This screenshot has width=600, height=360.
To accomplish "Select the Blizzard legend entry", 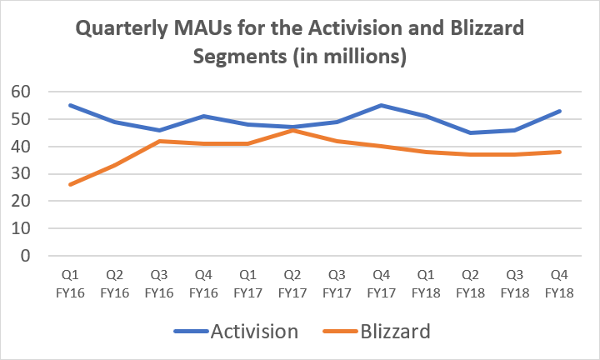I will point(393,332).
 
